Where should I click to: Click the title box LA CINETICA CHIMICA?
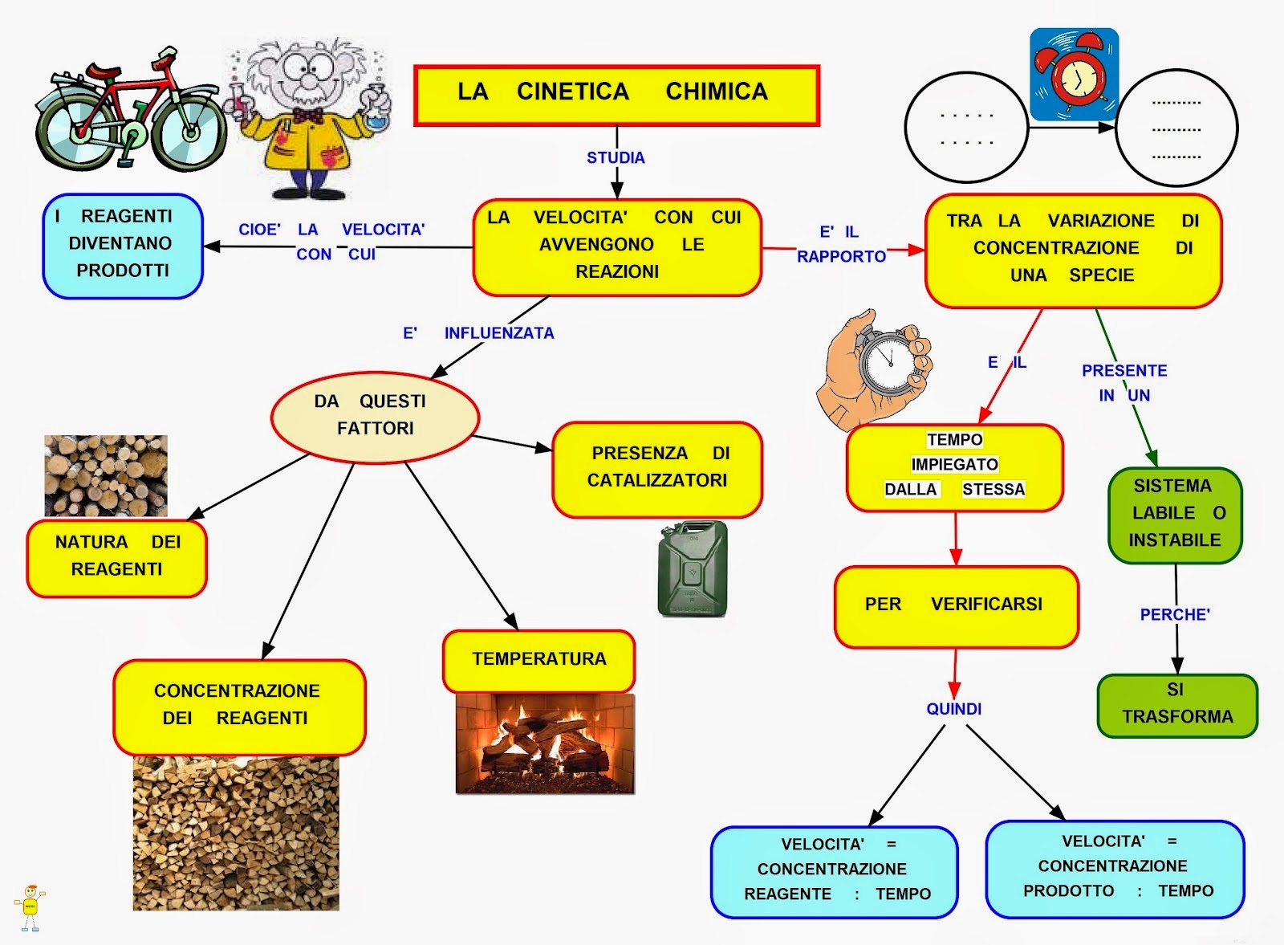pyautogui.click(x=616, y=95)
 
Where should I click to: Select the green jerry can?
pyautogui.click(x=693, y=569)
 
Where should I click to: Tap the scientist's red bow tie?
pyautogui.click(x=308, y=115)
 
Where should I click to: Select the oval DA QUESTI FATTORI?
pyautogui.click(x=375, y=416)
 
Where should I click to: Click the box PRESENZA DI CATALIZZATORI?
pyautogui.click(x=656, y=468)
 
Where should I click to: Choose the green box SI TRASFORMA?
pyautogui.click(x=1176, y=704)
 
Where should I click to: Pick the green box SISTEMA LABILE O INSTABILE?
pyautogui.click(x=1175, y=514)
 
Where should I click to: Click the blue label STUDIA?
pyautogui.click(x=616, y=157)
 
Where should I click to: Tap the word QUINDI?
pyautogui.click(x=953, y=709)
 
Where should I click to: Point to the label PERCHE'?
pyautogui.click(x=1175, y=615)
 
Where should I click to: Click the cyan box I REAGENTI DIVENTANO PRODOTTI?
pyautogui.click(x=122, y=245)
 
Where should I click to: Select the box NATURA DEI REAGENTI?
pyautogui.click(x=117, y=556)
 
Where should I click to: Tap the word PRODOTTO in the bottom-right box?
pyautogui.click(x=1068, y=890)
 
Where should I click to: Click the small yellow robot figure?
pyautogui.click(x=30, y=907)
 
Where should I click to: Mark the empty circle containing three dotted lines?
pyautogui.click(x=1176, y=128)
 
